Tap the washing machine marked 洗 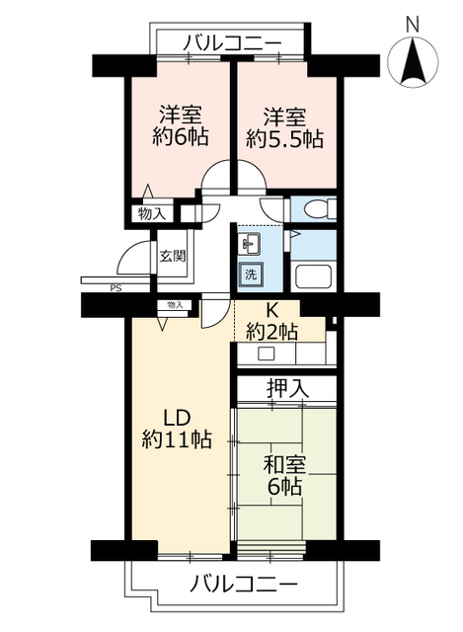tap(250, 275)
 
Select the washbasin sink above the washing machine tap(251, 244)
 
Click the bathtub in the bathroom tap(313, 276)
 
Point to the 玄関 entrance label tap(173, 256)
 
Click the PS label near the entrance tap(116, 288)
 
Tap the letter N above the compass tap(413, 25)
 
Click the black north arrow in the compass tap(413, 61)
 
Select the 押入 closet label tap(287, 388)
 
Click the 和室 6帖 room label tap(284, 475)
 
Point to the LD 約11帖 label tap(177, 429)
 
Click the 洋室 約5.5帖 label tap(284, 127)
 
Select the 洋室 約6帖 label tap(181, 125)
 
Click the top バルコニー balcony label tap(232, 43)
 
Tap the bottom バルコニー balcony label tap(243, 584)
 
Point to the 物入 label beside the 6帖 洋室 tap(152, 213)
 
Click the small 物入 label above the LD tap(176, 305)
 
